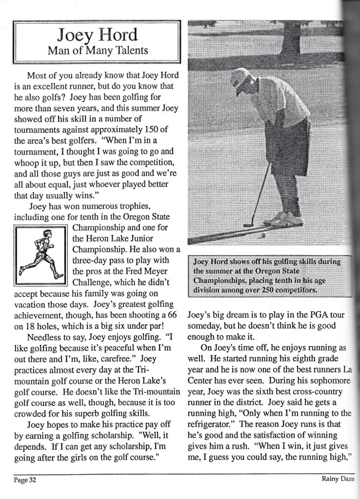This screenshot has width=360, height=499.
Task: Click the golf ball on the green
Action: click(264, 235)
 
